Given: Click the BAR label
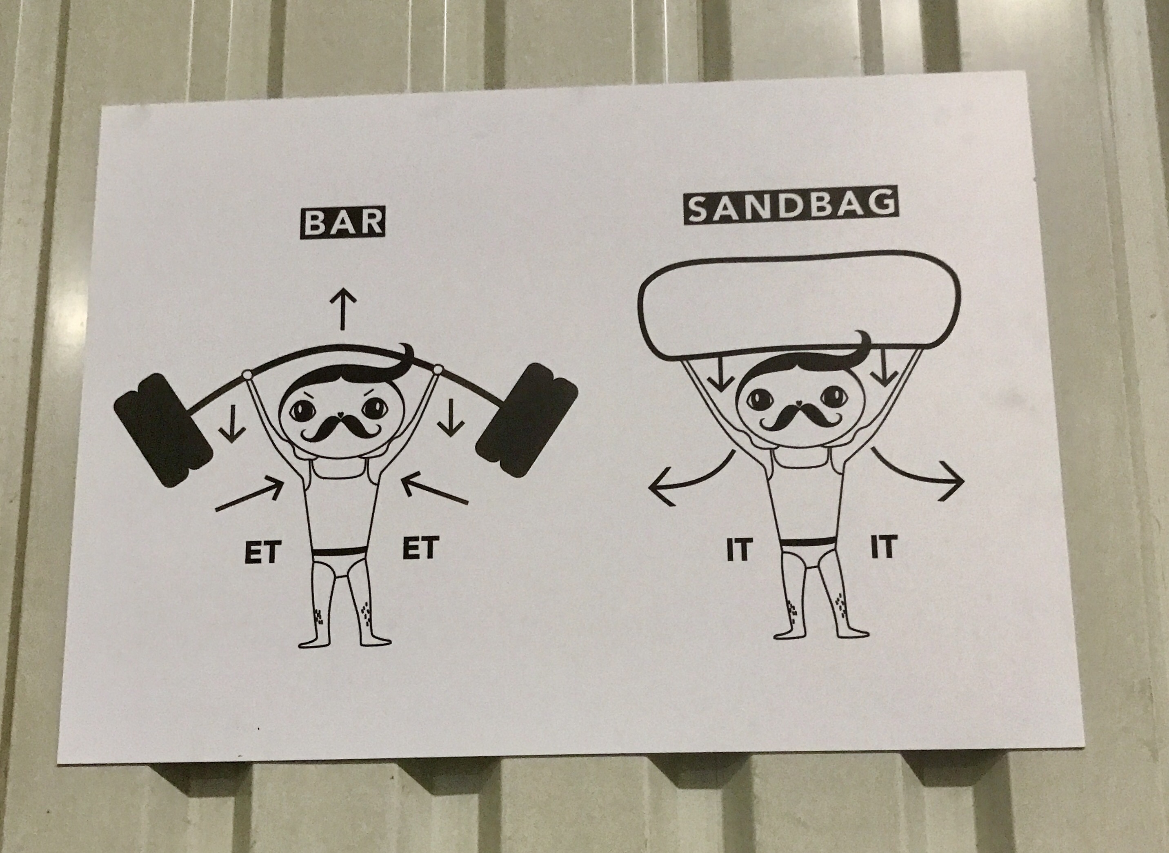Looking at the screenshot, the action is click(342, 223).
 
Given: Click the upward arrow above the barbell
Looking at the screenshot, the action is click(342, 309).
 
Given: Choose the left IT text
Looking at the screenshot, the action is click(738, 550).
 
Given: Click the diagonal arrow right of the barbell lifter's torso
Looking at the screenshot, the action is click(434, 488).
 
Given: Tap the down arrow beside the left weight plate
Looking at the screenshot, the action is click(233, 423).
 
